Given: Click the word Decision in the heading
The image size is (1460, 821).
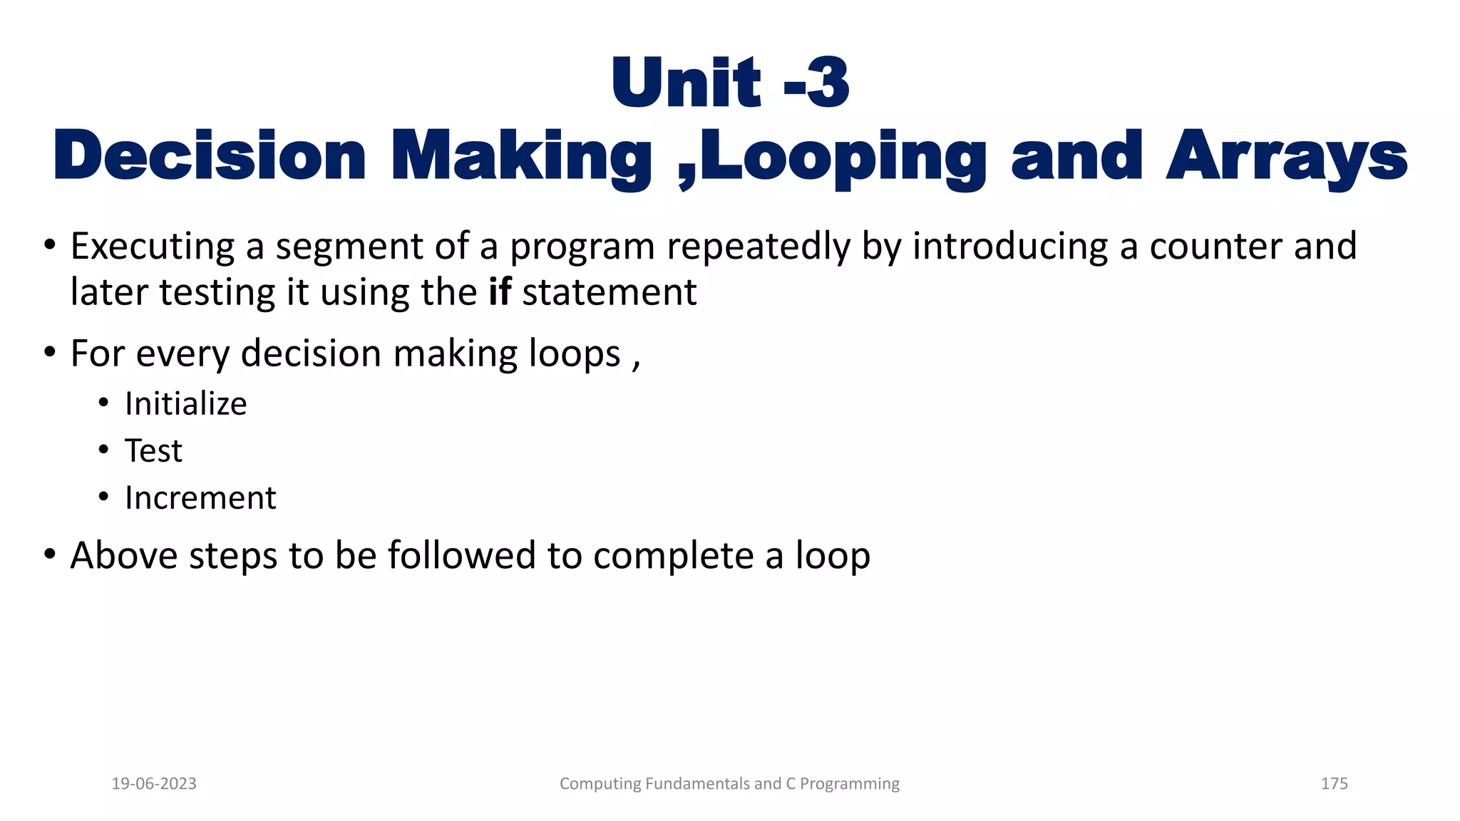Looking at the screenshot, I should pos(210,157).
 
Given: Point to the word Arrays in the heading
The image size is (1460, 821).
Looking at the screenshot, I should pos(1287,158).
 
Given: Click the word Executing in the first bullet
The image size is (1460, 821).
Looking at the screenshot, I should pos(153,247).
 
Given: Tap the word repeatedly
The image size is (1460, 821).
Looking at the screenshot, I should pos(759,247).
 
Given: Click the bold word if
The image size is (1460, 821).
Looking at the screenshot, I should pos(500,292).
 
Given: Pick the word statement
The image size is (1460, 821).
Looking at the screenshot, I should pos(609,292).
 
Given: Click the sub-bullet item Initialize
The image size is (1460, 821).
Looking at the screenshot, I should pos(185,404).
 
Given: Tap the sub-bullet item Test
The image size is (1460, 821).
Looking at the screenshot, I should pos(153,451).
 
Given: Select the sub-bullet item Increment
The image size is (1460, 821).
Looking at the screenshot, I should pos(200,498).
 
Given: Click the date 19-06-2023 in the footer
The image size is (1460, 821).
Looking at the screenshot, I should pos(154,784).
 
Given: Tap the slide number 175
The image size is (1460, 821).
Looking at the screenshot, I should pos(1334,784).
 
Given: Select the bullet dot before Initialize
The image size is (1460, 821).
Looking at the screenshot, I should pos(104,403).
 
